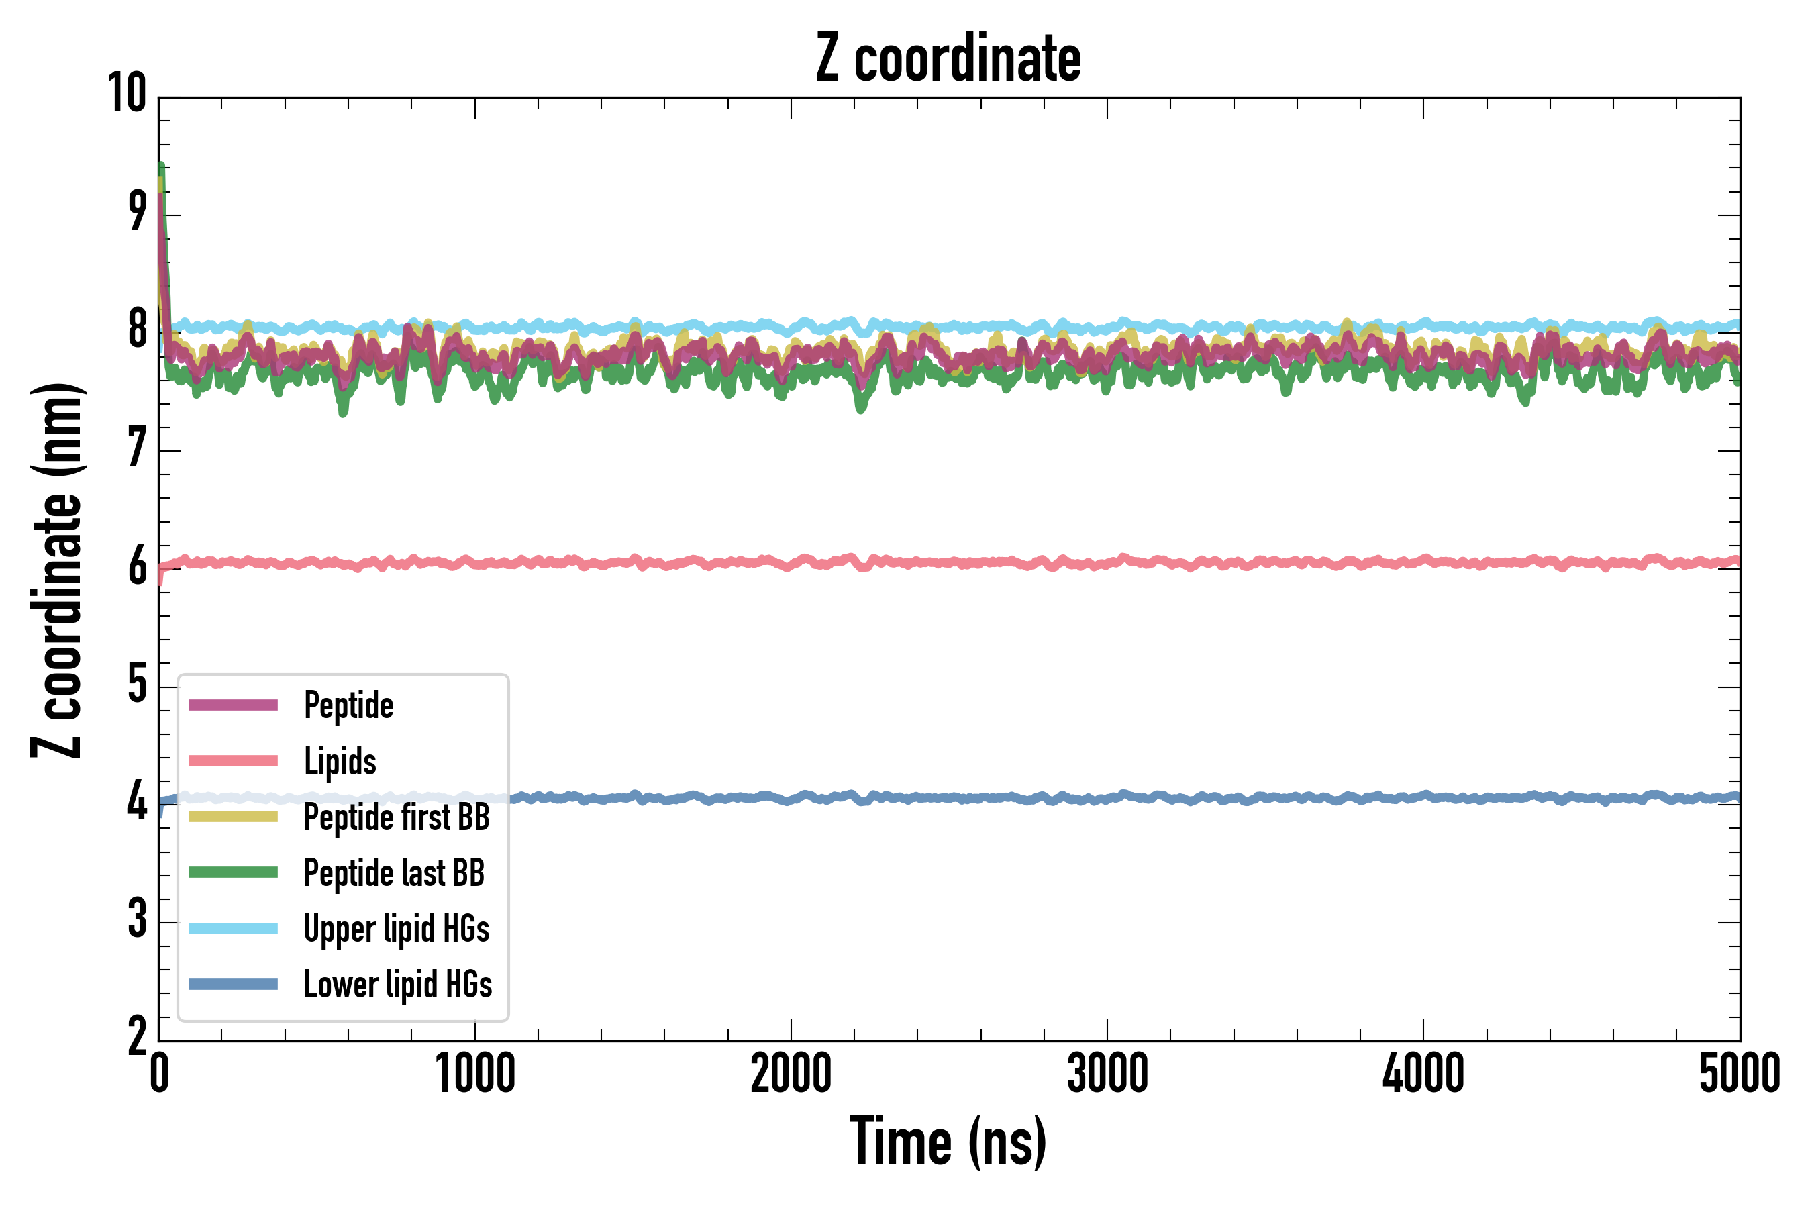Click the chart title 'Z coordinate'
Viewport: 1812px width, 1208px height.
[948, 58]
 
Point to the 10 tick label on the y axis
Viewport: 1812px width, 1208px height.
[127, 94]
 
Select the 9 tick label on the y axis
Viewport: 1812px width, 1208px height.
[137, 212]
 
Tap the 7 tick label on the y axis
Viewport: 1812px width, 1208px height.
[137, 448]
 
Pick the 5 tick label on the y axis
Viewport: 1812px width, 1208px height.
[137, 683]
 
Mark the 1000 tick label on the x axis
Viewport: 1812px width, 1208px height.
[474, 1073]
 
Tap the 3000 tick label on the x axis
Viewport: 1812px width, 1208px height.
[1107, 1073]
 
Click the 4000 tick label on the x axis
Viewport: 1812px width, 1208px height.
[1423, 1073]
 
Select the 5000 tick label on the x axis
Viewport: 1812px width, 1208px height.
[1739, 1073]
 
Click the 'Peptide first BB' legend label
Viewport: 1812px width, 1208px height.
[397, 817]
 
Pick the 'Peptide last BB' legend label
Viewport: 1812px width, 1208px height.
[394, 873]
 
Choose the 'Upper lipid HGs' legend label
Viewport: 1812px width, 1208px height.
[397, 928]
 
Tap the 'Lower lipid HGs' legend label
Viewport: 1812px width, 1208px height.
[397, 985]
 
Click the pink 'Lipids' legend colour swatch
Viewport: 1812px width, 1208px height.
[233, 761]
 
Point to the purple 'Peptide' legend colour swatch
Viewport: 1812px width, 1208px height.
[233, 705]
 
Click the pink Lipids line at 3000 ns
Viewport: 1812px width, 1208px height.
[1107, 563]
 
